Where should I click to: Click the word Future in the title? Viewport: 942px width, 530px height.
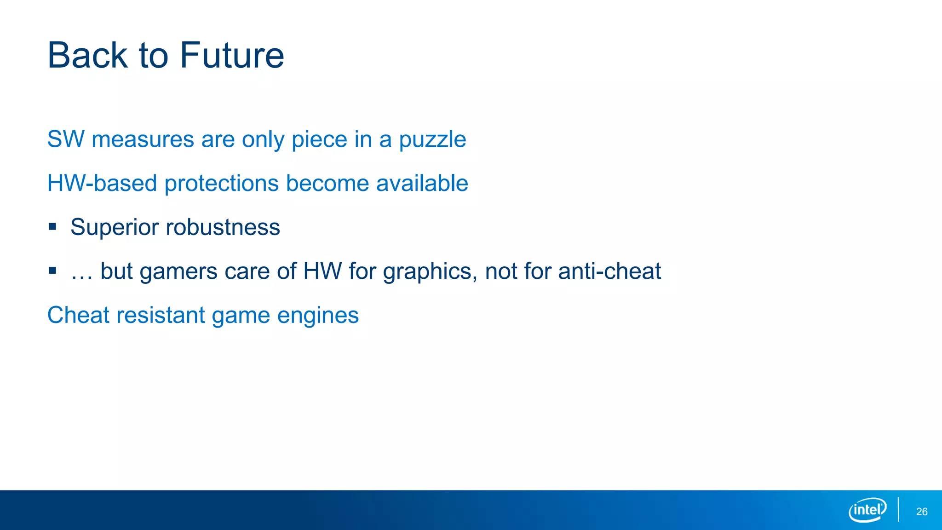pyautogui.click(x=232, y=56)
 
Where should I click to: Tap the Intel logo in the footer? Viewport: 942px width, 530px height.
pyautogui.click(x=867, y=510)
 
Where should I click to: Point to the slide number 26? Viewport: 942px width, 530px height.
pyautogui.click(x=921, y=512)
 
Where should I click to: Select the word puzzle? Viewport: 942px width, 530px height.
pyautogui.click(x=432, y=140)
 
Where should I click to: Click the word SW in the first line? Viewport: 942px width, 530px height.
pyautogui.click(x=66, y=139)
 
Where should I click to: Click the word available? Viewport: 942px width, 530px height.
pyautogui.click(x=422, y=183)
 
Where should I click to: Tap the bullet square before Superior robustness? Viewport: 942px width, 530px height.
pyautogui.click(x=52, y=226)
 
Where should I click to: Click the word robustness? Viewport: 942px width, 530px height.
pyautogui.click(x=223, y=227)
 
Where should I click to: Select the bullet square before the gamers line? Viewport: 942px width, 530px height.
pyautogui.click(x=52, y=271)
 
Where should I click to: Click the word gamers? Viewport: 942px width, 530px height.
pyautogui.click(x=178, y=271)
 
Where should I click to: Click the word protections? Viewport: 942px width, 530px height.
pyautogui.click(x=222, y=183)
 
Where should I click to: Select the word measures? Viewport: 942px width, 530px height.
pyautogui.click(x=143, y=139)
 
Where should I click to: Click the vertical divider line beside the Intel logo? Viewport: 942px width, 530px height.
pyautogui.click(x=898, y=510)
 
